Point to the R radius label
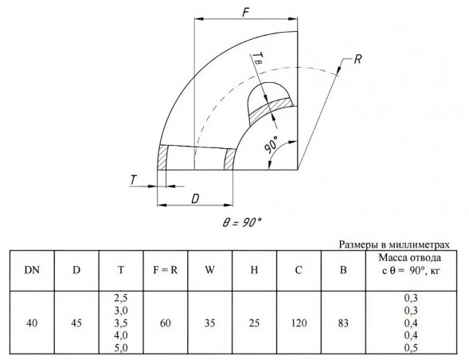[358, 59]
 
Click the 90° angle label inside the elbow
[271, 144]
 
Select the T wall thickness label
[134, 180]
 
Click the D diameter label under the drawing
[195, 198]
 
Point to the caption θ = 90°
[242, 222]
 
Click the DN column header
[32, 270]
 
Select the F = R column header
[166, 270]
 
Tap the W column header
[209, 270]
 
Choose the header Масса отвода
[409, 258]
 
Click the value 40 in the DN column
[32, 323]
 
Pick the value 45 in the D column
[76, 323]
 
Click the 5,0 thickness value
[121, 348]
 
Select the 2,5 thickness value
[121, 298]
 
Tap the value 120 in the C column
[299, 323]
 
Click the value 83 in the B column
[343, 323]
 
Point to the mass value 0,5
[411, 348]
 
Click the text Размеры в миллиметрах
[394, 245]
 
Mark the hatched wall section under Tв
[271, 110]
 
